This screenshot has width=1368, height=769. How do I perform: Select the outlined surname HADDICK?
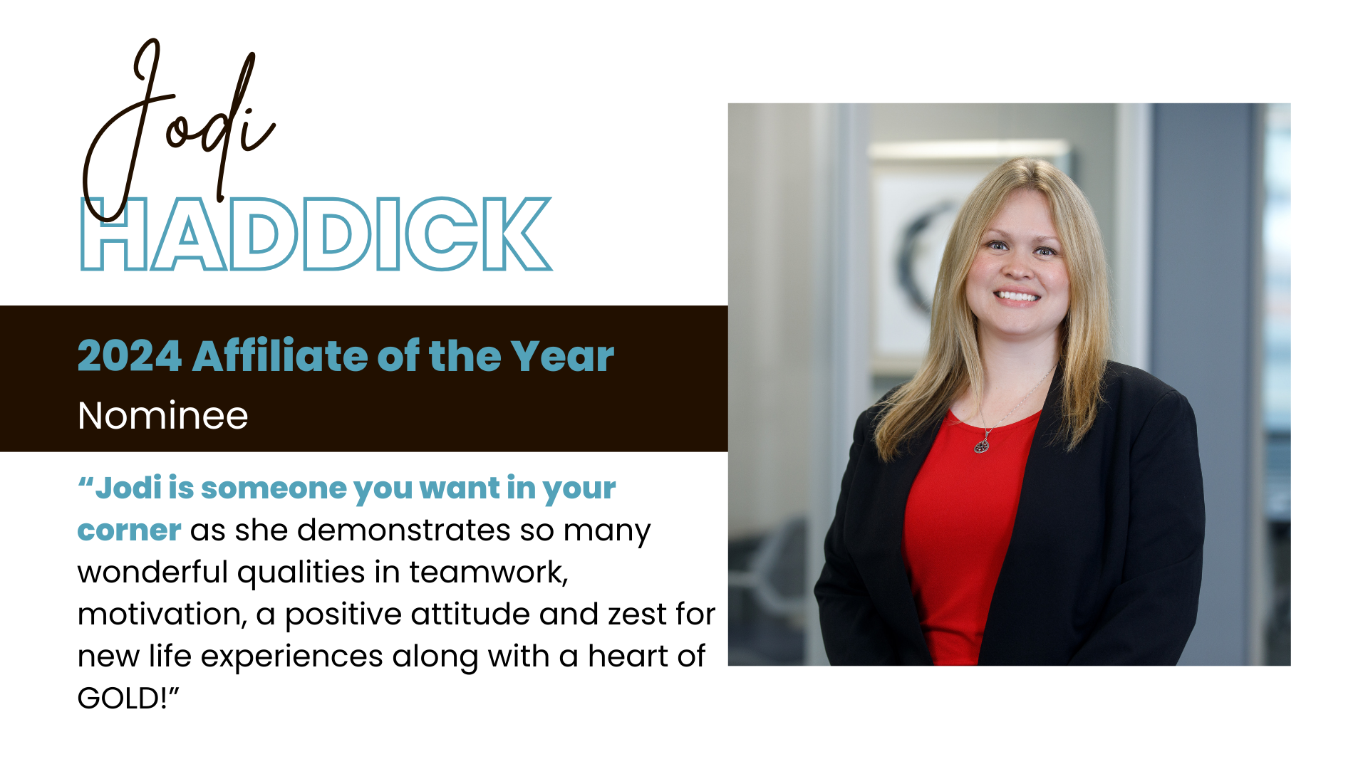(x=316, y=234)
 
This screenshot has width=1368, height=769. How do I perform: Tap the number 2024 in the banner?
(x=130, y=356)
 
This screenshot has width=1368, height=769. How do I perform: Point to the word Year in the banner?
(x=562, y=356)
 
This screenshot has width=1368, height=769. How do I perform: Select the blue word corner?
(x=129, y=531)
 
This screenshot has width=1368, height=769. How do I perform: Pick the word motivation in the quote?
(x=160, y=614)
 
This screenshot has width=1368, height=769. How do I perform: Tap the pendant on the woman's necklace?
(x=982, y=445)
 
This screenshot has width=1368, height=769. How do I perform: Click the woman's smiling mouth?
(x=1017, y=295)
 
